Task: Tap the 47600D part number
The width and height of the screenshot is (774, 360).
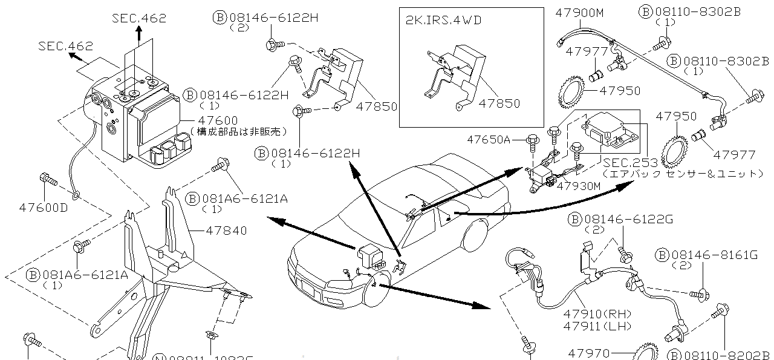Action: (43, 208)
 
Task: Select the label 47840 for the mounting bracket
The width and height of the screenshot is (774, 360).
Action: (226, 231)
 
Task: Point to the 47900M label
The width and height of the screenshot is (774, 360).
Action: (580, 11)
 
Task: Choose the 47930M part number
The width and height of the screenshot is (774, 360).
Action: (579, 186)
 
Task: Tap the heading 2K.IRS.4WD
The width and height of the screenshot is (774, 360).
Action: (443, 19)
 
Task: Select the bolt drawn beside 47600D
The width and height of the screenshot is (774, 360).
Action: (47, 179)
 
